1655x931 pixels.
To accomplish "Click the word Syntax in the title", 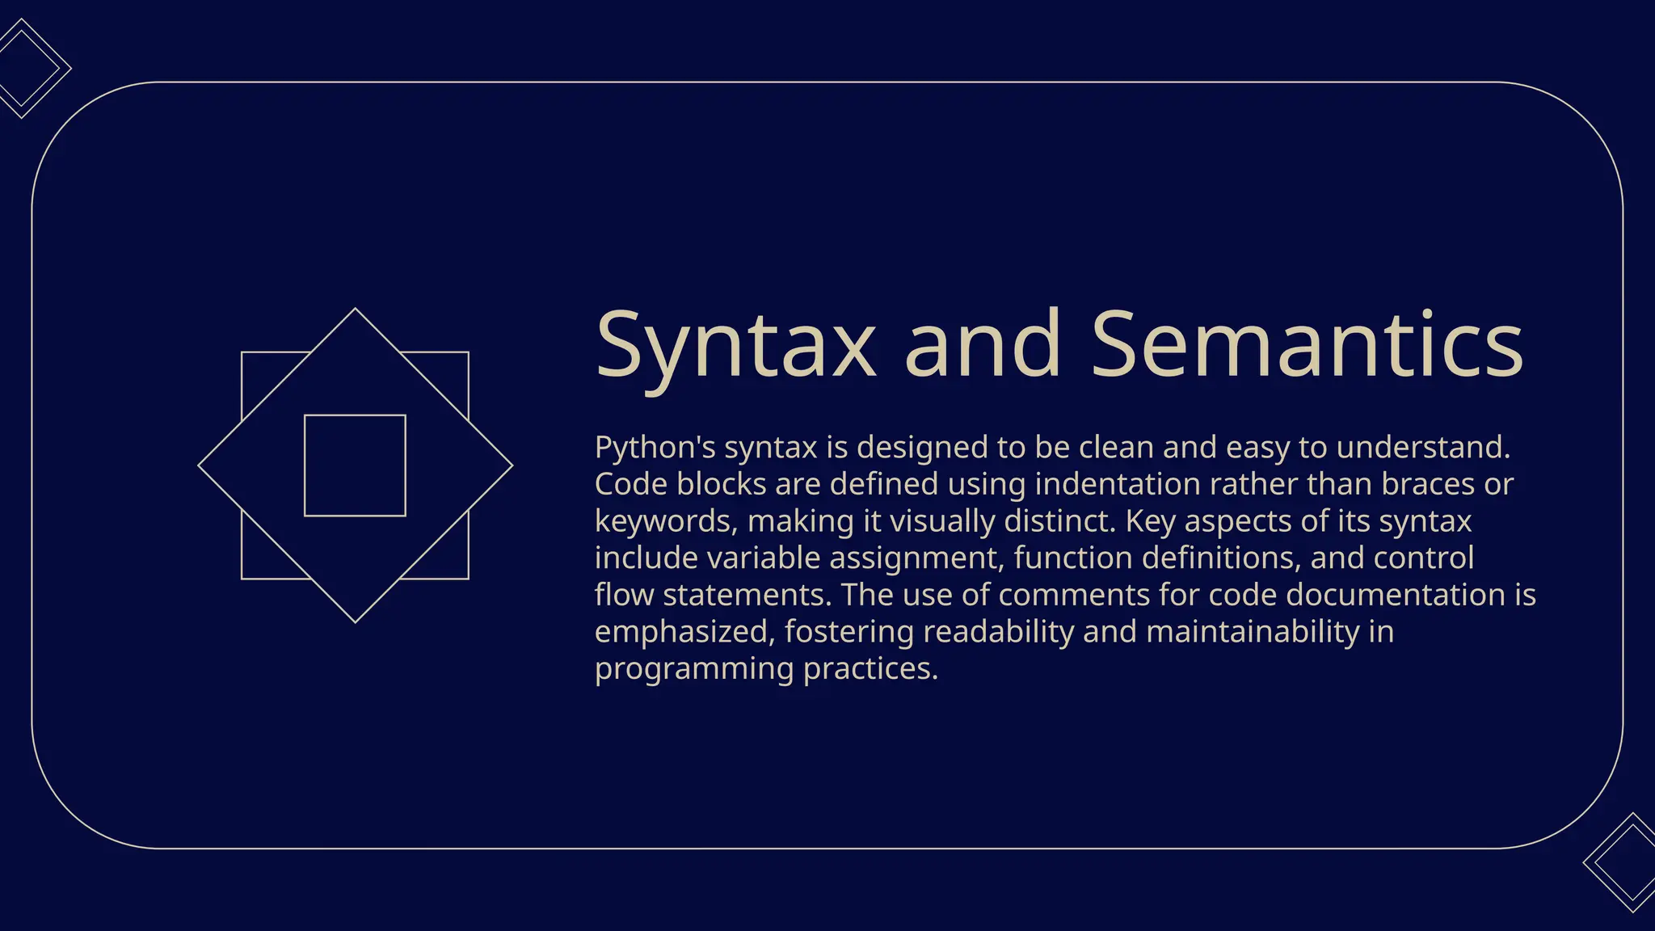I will pos(735,345).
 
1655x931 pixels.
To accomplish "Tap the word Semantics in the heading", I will pos(1307,345).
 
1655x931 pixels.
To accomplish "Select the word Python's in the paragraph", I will pos(655,447).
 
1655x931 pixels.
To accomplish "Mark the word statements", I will pos(747,595).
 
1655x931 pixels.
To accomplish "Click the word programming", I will pos(694,669).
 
